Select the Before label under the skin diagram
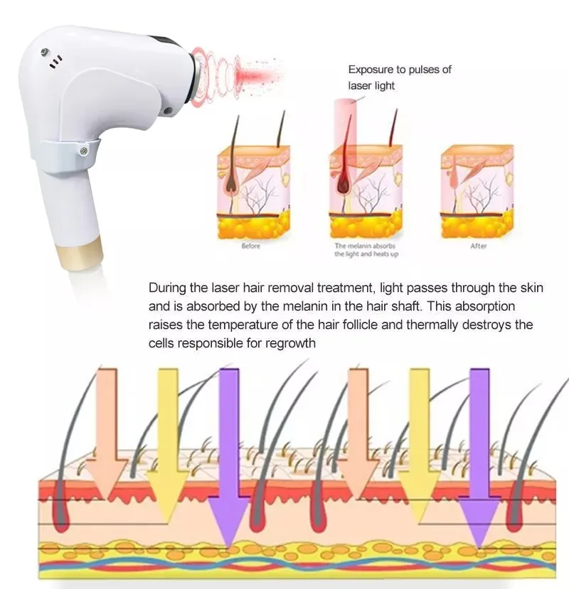coord(250,246)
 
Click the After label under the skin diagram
coord(478,246)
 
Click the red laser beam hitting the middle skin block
coord(346,128)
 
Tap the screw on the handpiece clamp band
coord(84,150)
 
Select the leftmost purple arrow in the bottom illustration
coord(229,455)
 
